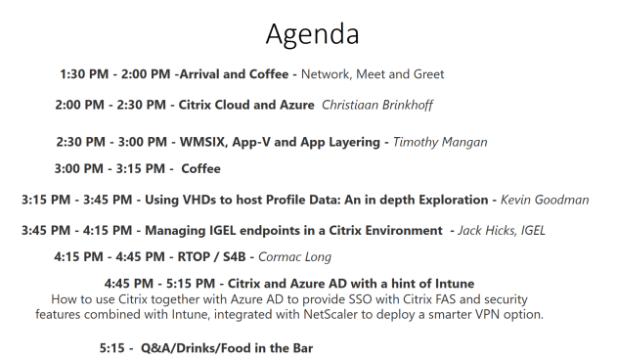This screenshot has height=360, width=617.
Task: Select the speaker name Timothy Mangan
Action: coord(439,142)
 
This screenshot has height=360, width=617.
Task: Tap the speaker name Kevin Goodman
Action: coord(544,200)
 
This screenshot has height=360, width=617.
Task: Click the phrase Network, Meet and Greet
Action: coord(372,73)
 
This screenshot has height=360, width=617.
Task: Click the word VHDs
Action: coord(202,200)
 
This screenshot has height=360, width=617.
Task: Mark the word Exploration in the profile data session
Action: coord(452,200)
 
